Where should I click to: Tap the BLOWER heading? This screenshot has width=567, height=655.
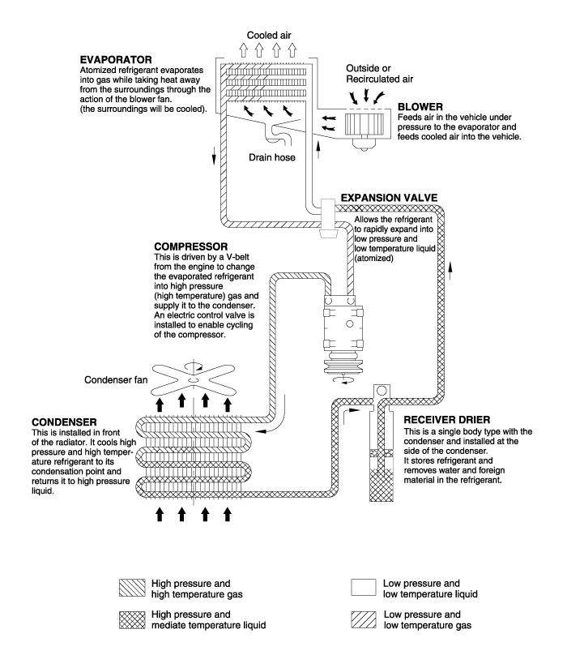[419, 106]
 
